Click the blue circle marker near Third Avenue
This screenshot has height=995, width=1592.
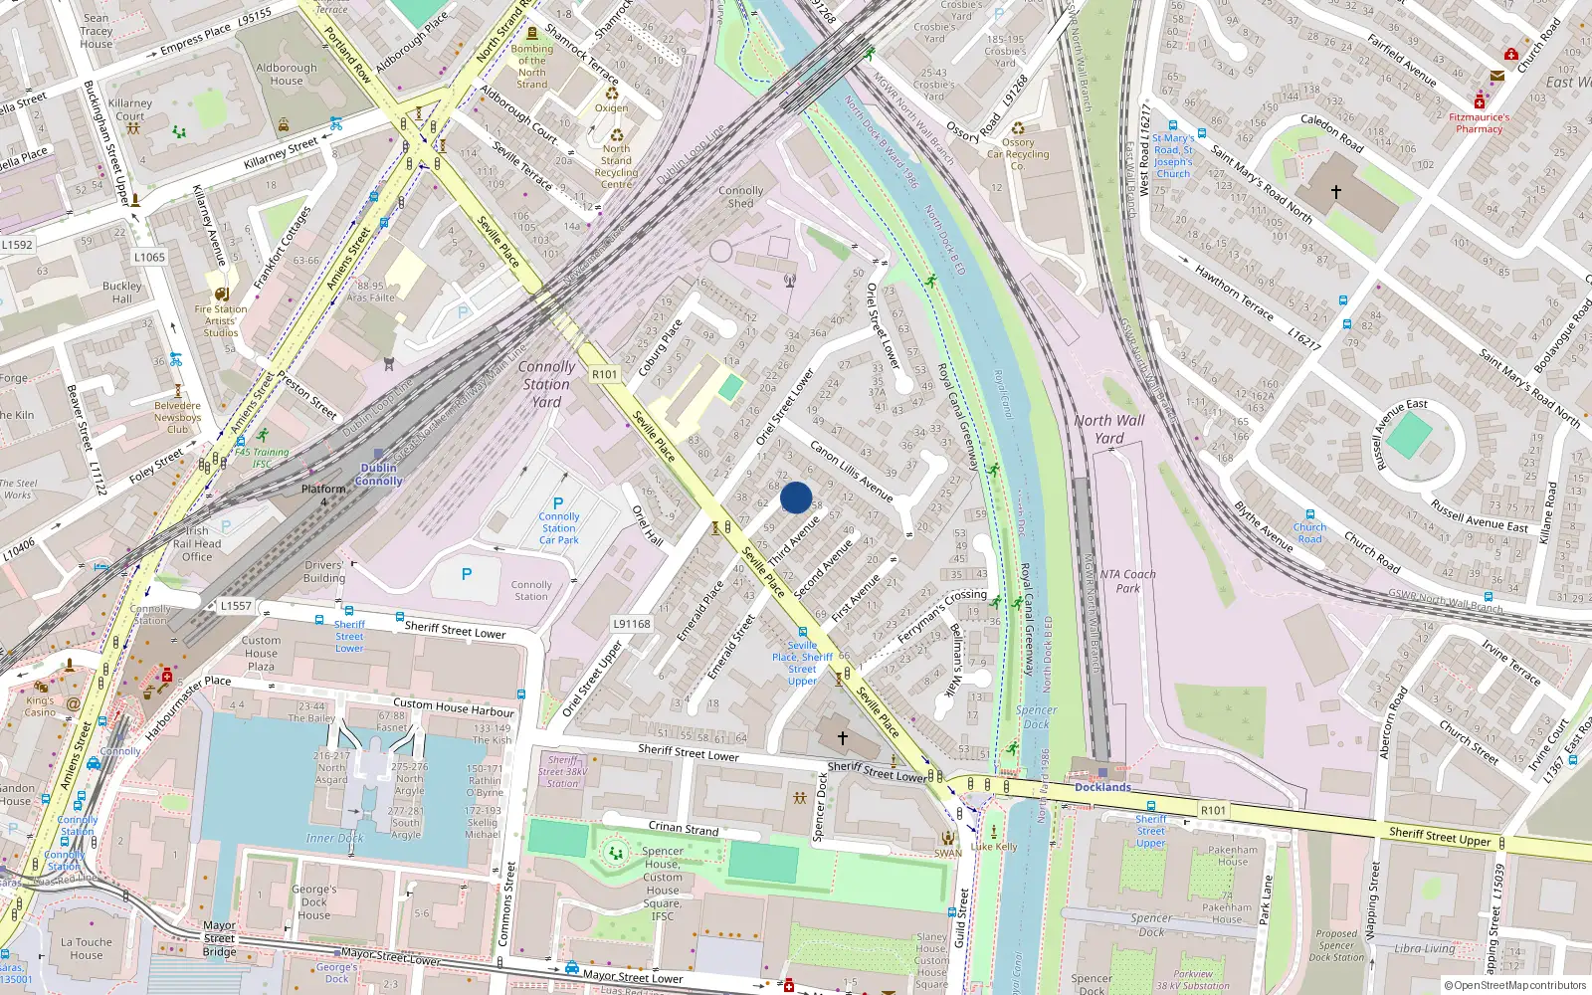[796, 497]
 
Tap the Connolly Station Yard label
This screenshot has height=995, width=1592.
[546, 384]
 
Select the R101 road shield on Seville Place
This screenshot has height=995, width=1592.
[604, 375]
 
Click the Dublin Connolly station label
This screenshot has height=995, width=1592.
[379, 475]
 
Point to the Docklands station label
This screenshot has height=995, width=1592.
[1102, 787]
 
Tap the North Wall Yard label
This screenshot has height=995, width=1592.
[1109, 429]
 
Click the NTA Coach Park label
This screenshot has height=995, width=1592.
[1127, 581]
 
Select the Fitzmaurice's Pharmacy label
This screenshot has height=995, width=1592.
[1479, 122]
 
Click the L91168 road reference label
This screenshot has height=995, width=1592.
[632, 624]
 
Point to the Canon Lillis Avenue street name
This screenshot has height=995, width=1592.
[851, 470]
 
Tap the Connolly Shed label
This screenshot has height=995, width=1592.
[741, 196]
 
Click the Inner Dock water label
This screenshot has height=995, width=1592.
[334, 838]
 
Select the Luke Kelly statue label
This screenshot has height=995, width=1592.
[994, 847]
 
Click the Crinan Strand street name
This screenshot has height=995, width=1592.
[684, 827]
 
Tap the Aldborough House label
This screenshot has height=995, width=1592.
[287, 75]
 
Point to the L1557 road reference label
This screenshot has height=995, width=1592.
[236, 605]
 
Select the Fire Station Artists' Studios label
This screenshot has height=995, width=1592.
[221, 320]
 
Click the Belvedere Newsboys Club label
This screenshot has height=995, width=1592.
[177, 417]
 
